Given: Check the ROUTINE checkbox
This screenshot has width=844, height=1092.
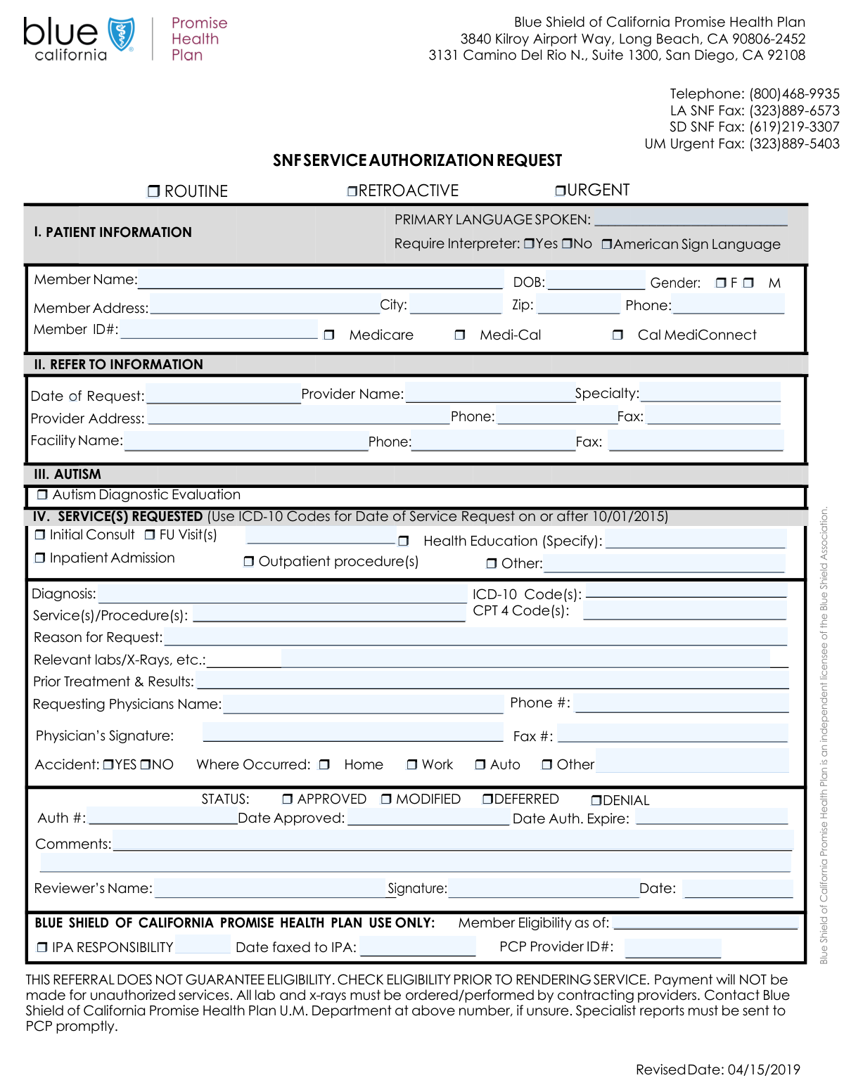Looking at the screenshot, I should (x=153, y=191).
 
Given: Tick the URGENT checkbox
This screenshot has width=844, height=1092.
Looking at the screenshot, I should (x=561, y=191).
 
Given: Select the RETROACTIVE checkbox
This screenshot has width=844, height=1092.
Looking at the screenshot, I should (x=352, y=191).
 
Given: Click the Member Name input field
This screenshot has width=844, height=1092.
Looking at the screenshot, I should (x=320, y=279).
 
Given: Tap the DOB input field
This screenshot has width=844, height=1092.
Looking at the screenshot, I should (x=596, y=281).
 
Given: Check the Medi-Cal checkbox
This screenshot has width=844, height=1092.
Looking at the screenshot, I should (x=460, y=335).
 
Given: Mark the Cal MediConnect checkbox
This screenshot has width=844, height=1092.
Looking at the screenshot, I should (x=618, y=335).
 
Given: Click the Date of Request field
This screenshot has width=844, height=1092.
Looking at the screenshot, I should (x=223, y=394).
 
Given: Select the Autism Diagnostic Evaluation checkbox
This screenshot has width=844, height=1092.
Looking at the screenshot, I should (x=42, y=495).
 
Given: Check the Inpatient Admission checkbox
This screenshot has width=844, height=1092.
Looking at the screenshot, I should (x=40, y=558).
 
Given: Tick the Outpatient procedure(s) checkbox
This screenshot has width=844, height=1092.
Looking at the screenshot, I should (x=248, y=562).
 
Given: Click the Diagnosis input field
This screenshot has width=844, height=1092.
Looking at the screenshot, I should (x=281, y=594).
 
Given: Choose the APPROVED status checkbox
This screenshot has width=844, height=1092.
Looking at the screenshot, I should (x=287, y=799).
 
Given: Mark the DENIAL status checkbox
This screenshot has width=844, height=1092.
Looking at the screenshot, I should (x=596, y=801).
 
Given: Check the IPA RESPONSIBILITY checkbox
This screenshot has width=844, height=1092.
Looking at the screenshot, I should (x=42, y=948).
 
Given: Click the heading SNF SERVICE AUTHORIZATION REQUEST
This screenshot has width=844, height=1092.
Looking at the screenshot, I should (x=417, y=161).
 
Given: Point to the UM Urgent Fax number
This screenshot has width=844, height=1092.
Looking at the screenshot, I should (x=794, y=144).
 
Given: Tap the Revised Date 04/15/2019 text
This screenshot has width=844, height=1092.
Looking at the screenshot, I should (x=718, y=1070).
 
